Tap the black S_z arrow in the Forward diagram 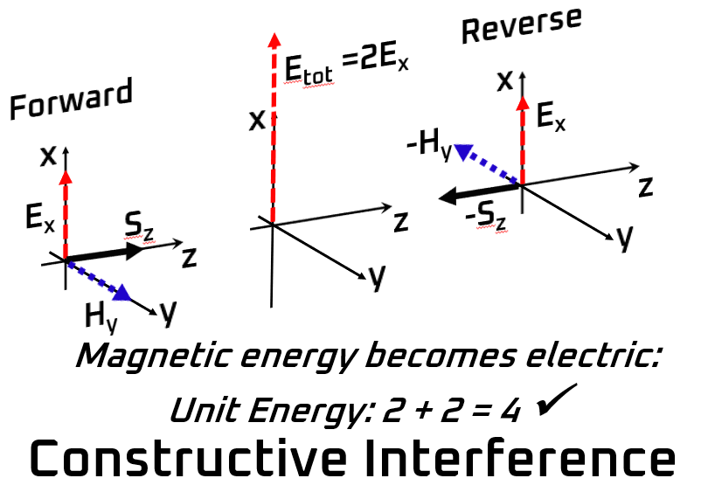(x=105, y=253)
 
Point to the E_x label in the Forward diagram (x=40, y=219)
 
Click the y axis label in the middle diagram (x=376, y=277)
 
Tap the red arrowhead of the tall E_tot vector (x=274, y=38)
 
